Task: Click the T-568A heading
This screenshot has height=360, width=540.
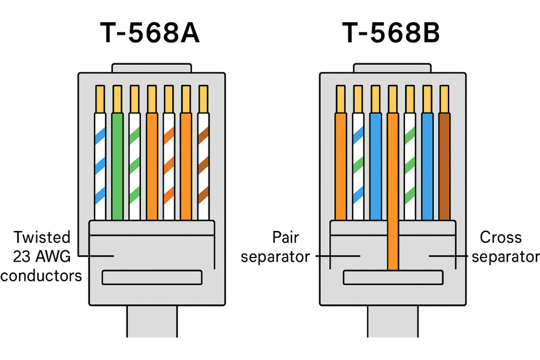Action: tap(150, 33)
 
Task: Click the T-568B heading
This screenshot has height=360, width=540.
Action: tap(391, 33)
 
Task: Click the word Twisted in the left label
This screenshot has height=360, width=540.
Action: tap(42, 237)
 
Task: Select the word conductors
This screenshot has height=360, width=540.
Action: tap(41, 275)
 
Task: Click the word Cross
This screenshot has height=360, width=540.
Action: tap(501, 237)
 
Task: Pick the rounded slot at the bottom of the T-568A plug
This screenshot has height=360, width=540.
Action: tap(152, 277)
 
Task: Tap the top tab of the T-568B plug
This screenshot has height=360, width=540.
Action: tap(393, 68)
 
